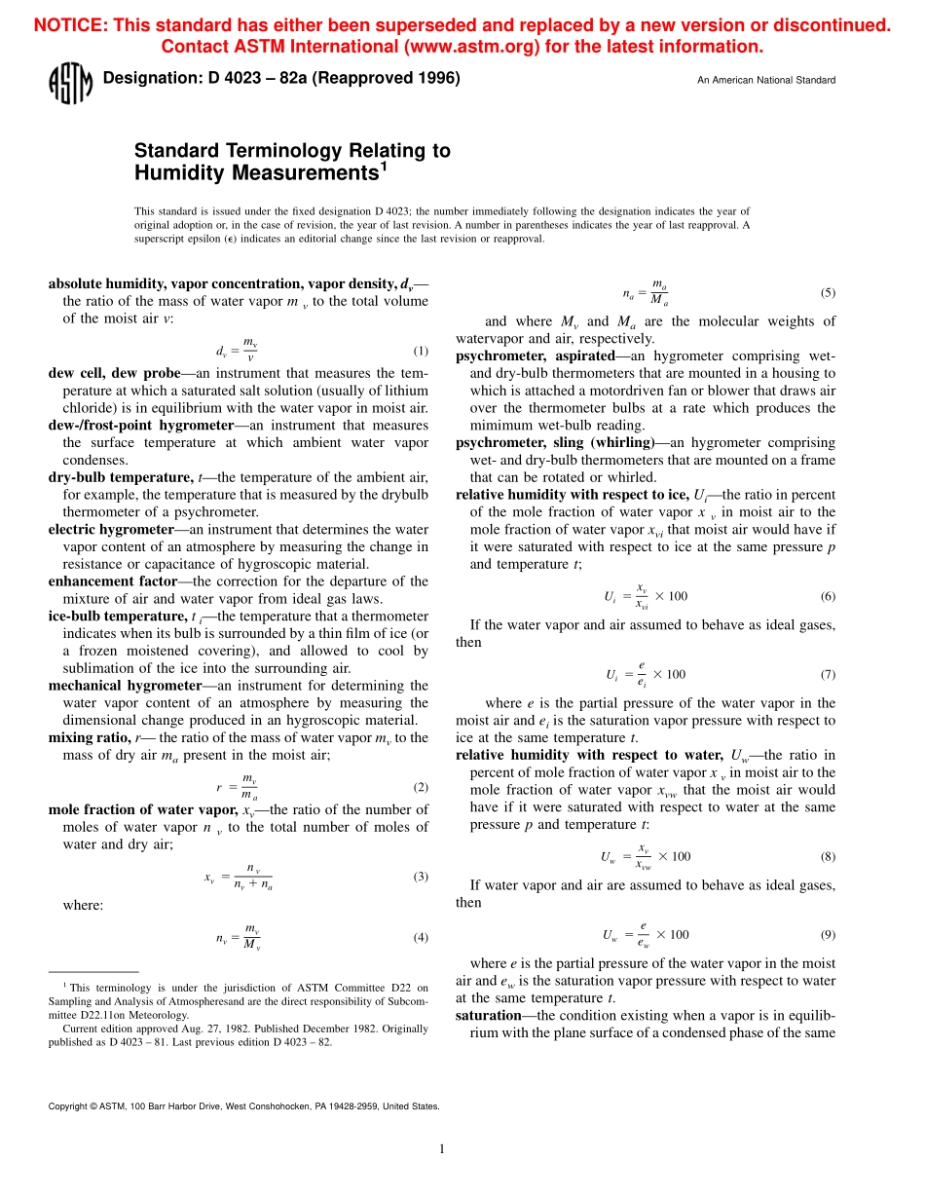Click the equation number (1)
[421, 351]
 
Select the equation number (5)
[828, 292]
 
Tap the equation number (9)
[828, 934]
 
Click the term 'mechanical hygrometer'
[125, 686]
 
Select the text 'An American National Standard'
[765, 80]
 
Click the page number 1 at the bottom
[442, 1149]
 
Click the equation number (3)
[421, 849]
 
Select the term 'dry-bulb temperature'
[120, 477]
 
